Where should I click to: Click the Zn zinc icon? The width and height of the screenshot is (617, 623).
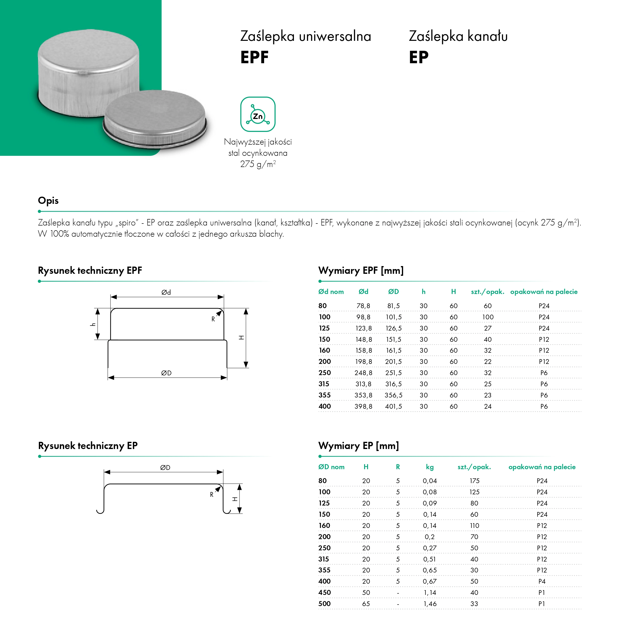click(258, 114)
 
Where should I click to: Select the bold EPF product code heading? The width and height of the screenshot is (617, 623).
click(254, 57)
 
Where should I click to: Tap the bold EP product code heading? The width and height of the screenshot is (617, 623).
click(419, 57)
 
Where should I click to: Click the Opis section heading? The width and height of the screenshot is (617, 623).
click(48, 201)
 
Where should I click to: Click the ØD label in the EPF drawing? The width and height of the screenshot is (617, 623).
click(166, 373)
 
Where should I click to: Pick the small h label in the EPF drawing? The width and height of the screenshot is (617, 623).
click(93, 324)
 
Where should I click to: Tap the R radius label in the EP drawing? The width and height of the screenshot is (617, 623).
click(212, 494)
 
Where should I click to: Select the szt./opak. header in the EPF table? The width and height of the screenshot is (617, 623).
click(487, 292)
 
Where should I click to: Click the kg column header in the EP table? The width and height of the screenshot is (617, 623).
click(429, 467)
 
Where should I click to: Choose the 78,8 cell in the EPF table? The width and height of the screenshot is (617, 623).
click(363, 306)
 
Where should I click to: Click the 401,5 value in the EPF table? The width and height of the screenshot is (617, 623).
click(393, 406)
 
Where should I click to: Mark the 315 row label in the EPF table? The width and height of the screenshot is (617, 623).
click(324, 384)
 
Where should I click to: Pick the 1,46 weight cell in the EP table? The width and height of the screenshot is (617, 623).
click(430, 604)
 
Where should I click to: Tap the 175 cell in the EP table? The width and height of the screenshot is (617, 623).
click(474, 481)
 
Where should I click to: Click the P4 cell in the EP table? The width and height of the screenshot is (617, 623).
click(542, 581)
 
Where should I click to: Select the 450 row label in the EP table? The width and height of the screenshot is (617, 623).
click(325, 592)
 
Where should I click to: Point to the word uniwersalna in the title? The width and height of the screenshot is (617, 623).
click(335, 36)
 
